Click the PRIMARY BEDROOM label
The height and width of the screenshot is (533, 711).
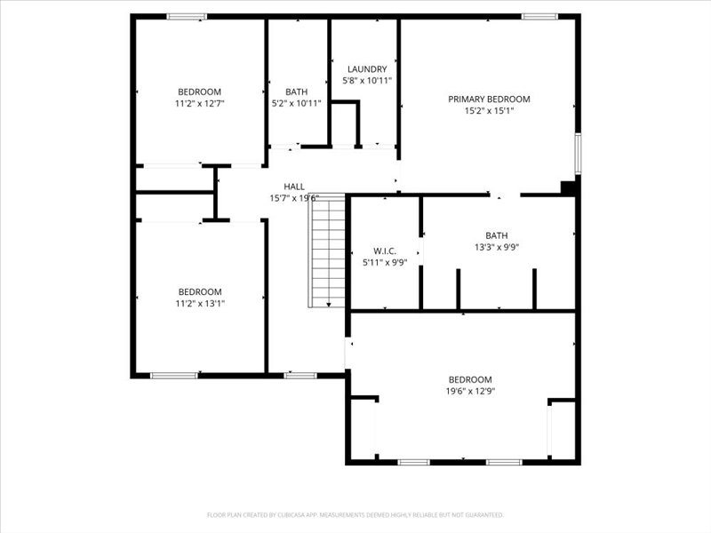click(x=489, y=99)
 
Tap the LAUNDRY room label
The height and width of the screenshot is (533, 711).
click(x=367, y=69)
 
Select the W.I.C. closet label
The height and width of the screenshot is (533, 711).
click(x=385, y=251)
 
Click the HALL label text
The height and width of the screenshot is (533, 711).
click(x=294, y=187)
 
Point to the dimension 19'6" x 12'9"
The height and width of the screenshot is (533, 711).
click(x=470, y=391)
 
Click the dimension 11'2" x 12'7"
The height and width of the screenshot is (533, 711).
click(x=199, y=103)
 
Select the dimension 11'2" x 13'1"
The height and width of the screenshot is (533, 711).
click(x=199, y=303)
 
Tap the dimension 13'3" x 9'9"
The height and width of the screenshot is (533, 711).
click(x=497, y=248)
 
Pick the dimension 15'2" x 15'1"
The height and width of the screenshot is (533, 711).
click(x=489, y=111)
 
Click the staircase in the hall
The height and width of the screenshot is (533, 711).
click(x=326, y=251)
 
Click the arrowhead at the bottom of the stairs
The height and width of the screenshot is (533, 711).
click(x=328, y=305)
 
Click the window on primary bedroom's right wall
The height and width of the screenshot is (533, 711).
click(x=578, y=153)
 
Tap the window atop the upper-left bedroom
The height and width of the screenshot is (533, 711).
click(x=187, y=16)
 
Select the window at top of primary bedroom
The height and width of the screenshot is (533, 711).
click(x=539, y=16)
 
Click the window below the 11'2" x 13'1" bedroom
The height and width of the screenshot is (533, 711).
click(x=174, y=376)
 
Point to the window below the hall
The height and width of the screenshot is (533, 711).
click(x=300, y=376)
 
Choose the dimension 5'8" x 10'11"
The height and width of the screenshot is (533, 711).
click(x=367, y=81)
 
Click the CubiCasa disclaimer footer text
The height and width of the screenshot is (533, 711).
click(x=355, y=514)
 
